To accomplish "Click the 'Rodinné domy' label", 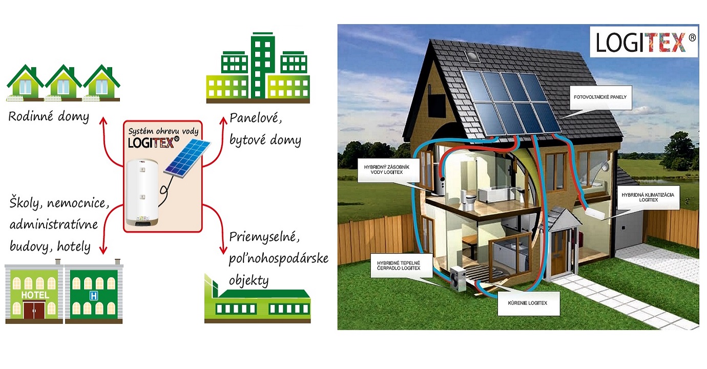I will tap(49, 116).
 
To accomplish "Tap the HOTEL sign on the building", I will tap(35, 295).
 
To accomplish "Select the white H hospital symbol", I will tap(93, 296).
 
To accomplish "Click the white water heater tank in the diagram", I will tap(146, 194).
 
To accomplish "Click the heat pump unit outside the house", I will tap(459, 280).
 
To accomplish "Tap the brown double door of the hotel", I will tap(35, 309).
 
